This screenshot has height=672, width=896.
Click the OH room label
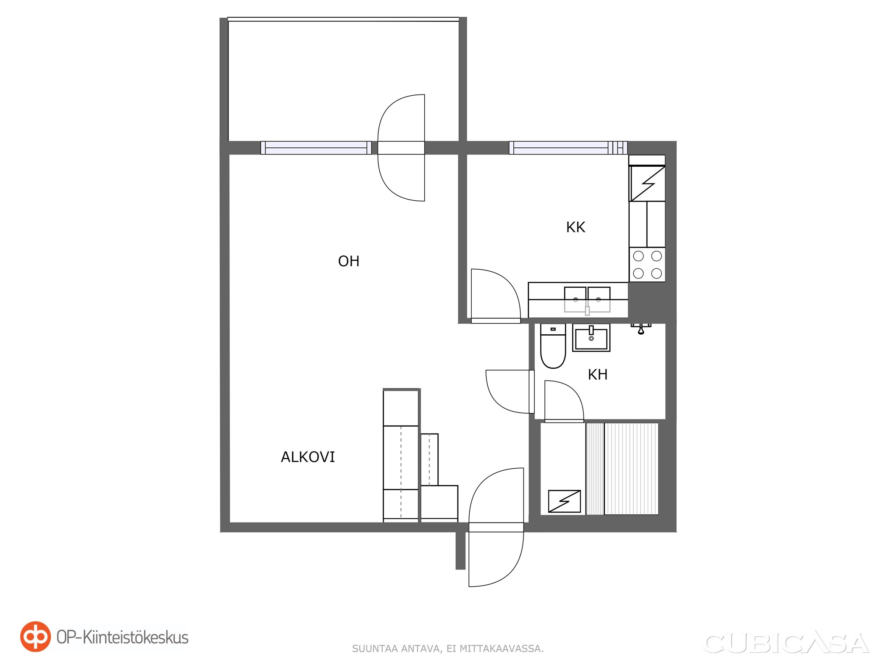349,261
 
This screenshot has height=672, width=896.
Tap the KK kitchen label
575,227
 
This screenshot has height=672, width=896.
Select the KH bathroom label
597,374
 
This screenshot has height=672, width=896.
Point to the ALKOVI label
308,457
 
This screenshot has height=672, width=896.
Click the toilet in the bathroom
553,346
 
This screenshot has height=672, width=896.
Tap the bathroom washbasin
591,338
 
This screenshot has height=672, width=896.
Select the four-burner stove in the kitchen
647,265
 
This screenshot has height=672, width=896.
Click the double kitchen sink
587,300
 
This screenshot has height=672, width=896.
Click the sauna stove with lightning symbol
565,501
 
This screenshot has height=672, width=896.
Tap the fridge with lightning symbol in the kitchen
647,184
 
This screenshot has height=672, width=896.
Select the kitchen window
568,148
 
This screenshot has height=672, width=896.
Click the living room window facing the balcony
316,148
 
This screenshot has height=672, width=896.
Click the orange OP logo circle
36,637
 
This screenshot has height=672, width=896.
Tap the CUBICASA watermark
786,643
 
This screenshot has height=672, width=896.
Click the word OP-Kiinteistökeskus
123,637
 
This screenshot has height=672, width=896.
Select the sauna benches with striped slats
622,469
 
